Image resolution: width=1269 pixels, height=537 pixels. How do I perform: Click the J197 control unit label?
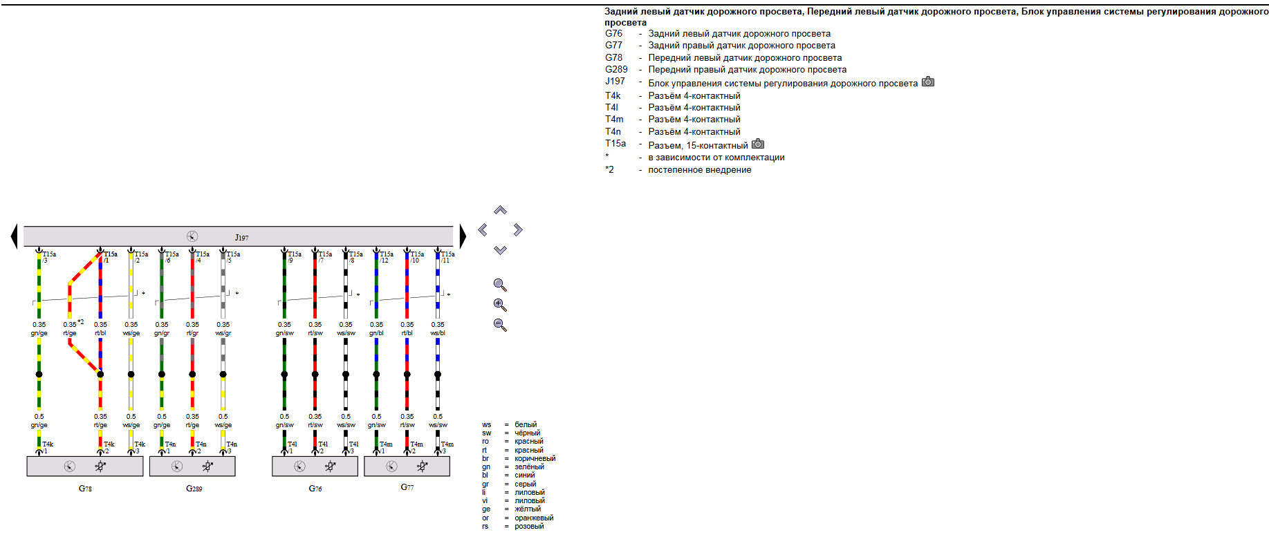[x=241, y=237]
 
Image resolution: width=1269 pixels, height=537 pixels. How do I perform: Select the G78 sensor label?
[x=85, y=488]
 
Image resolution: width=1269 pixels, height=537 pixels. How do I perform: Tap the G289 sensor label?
[x=194, y=488]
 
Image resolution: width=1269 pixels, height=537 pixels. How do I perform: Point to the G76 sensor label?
[x=315, y=488]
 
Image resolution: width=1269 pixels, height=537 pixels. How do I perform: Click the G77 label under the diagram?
[x=407, y=487]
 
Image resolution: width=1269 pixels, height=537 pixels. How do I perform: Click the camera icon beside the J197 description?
[x=928, y=82]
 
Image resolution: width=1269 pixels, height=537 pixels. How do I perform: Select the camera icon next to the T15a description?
[x=758, y=144]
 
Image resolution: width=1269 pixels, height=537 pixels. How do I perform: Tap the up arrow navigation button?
[x=500, y=210]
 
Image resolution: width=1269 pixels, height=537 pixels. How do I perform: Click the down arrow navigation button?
[x=500, y=250]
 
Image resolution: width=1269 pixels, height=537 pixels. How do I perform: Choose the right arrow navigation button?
[x=518, y=229]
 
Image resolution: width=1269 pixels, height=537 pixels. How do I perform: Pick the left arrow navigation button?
[x=483, y=229]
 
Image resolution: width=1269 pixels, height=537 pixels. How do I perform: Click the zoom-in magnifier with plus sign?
[x=500, y=305]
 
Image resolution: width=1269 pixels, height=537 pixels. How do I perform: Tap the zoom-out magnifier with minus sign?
[x=500, y=325]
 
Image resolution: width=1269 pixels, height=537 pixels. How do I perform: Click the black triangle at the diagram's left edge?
[x=15, y=236]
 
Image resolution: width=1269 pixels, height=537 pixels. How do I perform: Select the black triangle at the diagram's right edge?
[x=462, y=236]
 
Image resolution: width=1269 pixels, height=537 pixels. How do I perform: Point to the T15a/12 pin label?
[x=385, y=257]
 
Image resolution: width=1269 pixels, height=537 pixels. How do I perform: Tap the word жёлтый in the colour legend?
[x=528, y=509]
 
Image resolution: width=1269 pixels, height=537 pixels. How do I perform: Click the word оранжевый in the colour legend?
[x=534, y=518]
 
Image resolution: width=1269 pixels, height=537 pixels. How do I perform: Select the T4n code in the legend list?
[x=613, y=131]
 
